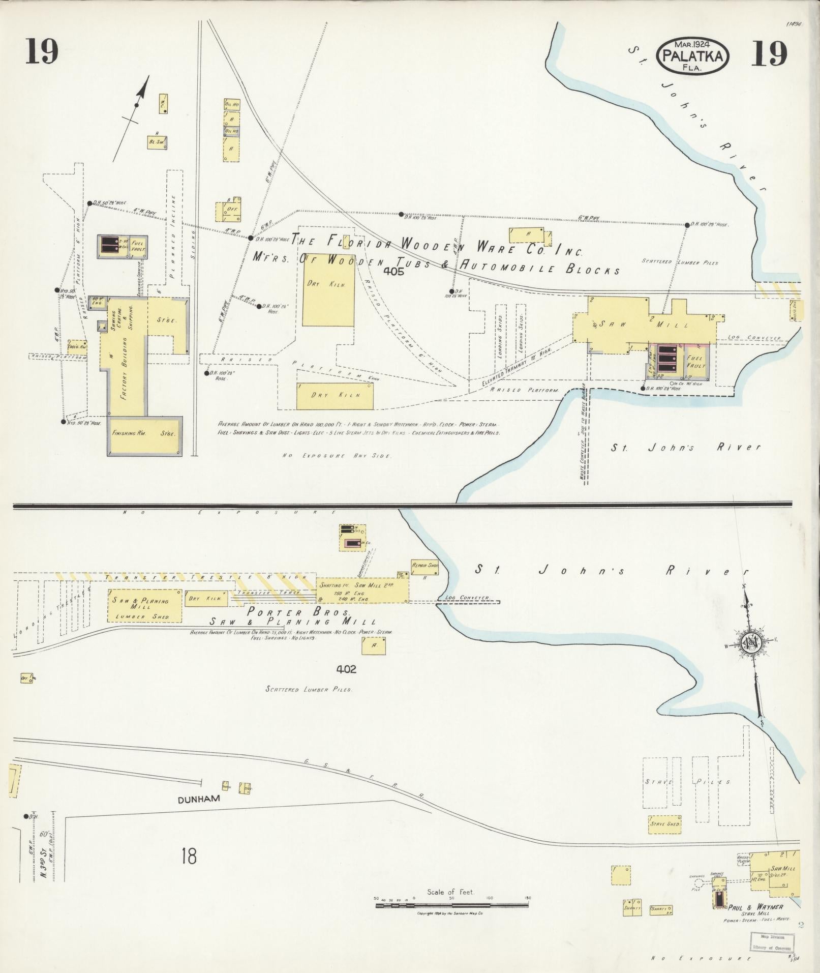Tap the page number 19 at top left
pos(42,52)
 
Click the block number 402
pos(346,669)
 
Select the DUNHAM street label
pos(199,799)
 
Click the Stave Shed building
pos(664,823)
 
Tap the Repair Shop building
pos(426,565)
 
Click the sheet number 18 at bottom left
pos(188,857)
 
